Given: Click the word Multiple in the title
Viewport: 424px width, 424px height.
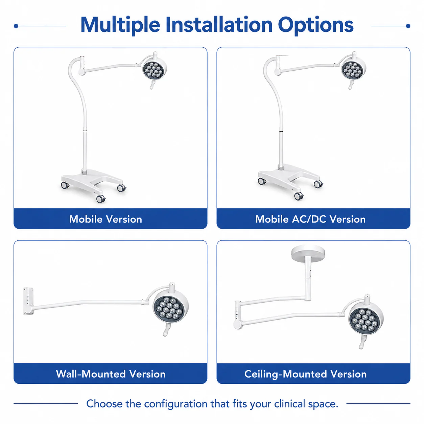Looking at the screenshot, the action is pyautogui.click(x=120, y=25).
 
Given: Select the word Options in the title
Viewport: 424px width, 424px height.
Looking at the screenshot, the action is pyautogui.click(x=316, y=25).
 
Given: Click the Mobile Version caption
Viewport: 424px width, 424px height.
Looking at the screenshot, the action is pyautogui.click(x=105, y=219).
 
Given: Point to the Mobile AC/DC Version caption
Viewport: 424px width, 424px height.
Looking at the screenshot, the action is pyautogui.click(x=310, y=219).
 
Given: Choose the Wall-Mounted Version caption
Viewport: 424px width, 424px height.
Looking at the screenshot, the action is pyautogui.click(x=111, y=374).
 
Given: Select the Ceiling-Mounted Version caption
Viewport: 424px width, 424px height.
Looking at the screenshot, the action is pyautogui.click(x=305, y=374).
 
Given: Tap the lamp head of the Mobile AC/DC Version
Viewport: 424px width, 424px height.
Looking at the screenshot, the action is pyautogui.click(x=353, y=69).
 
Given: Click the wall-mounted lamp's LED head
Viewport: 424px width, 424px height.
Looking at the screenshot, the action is pyautogui.click(x=171, y=307).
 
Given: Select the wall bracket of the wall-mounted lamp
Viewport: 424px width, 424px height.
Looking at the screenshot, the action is pyautogui.click(x=28, y=301).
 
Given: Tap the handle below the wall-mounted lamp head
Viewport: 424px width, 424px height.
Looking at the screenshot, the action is pyautogui.click(x=166, y=330).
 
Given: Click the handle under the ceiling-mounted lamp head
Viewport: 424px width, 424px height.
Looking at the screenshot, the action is pyautogui.click(x=362, y=342).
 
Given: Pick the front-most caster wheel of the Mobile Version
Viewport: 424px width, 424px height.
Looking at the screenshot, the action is pyautogui.click(x=100, y=199).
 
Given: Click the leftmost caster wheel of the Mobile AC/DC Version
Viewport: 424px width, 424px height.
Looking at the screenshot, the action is pyautogui.click(x=262, y=181).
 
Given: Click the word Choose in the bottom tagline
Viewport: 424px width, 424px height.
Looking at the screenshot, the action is pyautogui.click(x=104, y=404).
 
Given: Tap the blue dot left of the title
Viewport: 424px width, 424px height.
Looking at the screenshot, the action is pyautogui.click(x=16, y=26).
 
